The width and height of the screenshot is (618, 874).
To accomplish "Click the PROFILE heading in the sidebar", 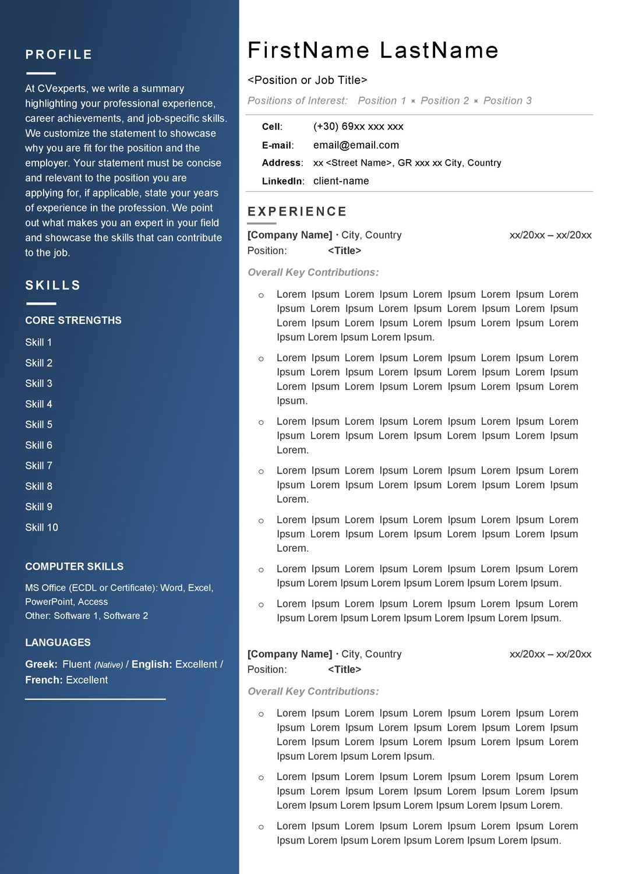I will pos(59,55).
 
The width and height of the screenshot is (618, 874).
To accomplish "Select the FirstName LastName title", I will pos(373,51).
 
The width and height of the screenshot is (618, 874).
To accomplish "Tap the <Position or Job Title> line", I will pos(307,80).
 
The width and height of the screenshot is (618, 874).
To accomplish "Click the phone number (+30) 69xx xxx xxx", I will pos(358,126).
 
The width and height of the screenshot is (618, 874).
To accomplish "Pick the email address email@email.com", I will pos(356,145).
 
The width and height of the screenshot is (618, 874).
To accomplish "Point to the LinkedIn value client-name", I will pos(341,181).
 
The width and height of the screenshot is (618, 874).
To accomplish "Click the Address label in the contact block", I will pos(282,163).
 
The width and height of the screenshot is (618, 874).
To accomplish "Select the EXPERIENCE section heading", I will pos(297,212).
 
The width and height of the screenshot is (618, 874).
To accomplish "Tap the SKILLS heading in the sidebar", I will pos(53,286).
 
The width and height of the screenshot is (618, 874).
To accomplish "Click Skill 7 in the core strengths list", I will pos(38,466).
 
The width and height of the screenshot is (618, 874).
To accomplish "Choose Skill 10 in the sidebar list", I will pos(41,527).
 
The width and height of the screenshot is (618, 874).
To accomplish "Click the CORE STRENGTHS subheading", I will pos(73,320).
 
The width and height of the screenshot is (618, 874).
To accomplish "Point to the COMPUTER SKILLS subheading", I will pos(74,566).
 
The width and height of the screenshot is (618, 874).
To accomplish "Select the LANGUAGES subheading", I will pos(58,643).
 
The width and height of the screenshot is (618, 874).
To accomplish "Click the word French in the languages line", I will pos(43,680).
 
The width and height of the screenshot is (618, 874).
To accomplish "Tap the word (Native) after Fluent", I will pos(108,665).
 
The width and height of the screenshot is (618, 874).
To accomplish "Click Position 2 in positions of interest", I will pos(444,101).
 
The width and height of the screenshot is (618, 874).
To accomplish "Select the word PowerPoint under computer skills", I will pos(50,602).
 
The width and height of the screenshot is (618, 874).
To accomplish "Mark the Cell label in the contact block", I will pos(271,127).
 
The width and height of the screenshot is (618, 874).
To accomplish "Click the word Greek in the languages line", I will pos(40,664).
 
